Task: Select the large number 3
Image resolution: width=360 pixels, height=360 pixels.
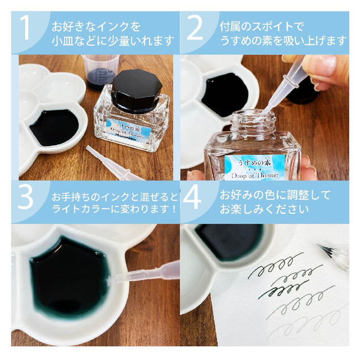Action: click(26, 199)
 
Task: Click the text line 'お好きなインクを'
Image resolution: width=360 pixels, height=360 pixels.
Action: click(95, 25)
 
